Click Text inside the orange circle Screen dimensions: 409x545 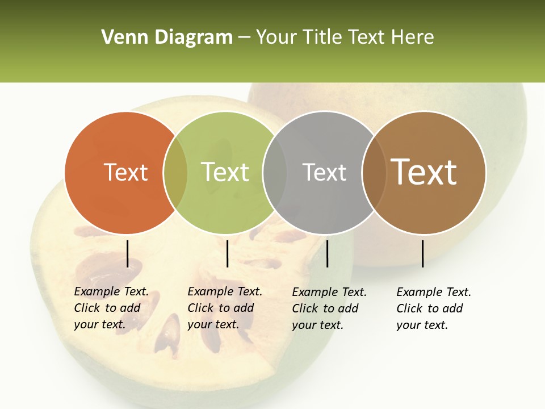coord(125,172)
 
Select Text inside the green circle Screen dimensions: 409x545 coord(225,172)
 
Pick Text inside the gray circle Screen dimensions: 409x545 coord(324,172)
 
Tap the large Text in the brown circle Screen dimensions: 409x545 coord(424,172)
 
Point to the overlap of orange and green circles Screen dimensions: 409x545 coord(175,173)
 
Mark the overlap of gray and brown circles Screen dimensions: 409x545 coord(374,173)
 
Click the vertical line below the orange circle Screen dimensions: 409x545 coord(128,253)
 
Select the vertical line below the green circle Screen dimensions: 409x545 coord(227,253)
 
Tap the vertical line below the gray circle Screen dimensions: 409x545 coord(328,253)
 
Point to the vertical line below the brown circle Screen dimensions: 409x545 coord(423,253)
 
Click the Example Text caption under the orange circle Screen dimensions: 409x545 coord(111,308)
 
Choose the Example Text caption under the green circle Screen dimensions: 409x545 coord(225,308)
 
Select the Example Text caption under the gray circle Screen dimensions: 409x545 coord(329,308)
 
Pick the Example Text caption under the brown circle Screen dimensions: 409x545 coord(434,308)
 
